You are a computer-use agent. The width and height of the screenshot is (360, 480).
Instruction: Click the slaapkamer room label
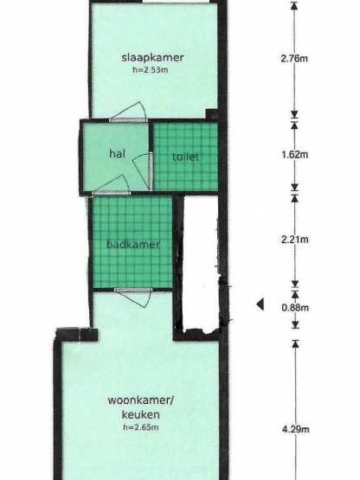click(152, 58)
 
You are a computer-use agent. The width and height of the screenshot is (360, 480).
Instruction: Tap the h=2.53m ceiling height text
click(152, 70)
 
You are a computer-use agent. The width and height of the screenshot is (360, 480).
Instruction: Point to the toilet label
click(185, 157)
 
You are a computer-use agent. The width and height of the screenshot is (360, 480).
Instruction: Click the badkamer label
click(132, 245)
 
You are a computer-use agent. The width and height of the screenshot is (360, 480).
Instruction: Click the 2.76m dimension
click(295, 60)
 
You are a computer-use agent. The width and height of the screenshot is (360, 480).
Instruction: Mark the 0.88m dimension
click(295, 306)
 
